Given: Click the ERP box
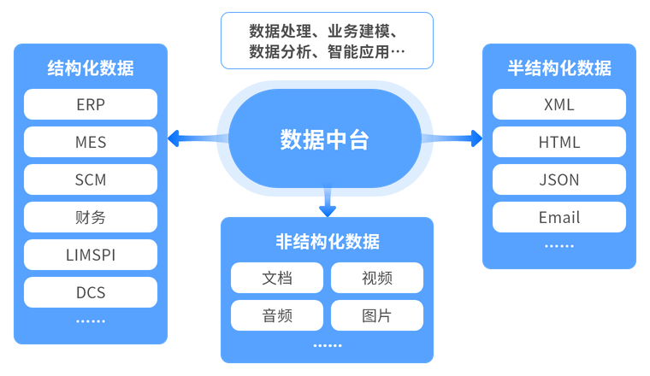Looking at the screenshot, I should (91, 105).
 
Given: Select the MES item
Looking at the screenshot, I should (91, 143).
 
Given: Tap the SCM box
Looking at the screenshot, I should (91, 180).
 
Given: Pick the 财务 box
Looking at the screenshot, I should (91, 218).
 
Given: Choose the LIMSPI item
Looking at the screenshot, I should (91, 256).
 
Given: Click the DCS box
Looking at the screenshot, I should (91, 293).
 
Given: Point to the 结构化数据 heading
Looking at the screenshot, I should (91, 68).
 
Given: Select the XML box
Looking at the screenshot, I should (559, 105).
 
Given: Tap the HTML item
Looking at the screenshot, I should (559, 143).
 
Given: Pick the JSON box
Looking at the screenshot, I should (559, 180).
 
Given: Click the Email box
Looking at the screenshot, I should (559, 218).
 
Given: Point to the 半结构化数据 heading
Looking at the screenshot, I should (559, 68).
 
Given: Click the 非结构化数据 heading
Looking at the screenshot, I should (328, 242).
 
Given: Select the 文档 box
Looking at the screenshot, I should (277, 279).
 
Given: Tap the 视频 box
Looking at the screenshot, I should (377, 279).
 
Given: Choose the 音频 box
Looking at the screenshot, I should (277, 316).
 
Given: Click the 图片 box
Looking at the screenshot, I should (377, 316).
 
